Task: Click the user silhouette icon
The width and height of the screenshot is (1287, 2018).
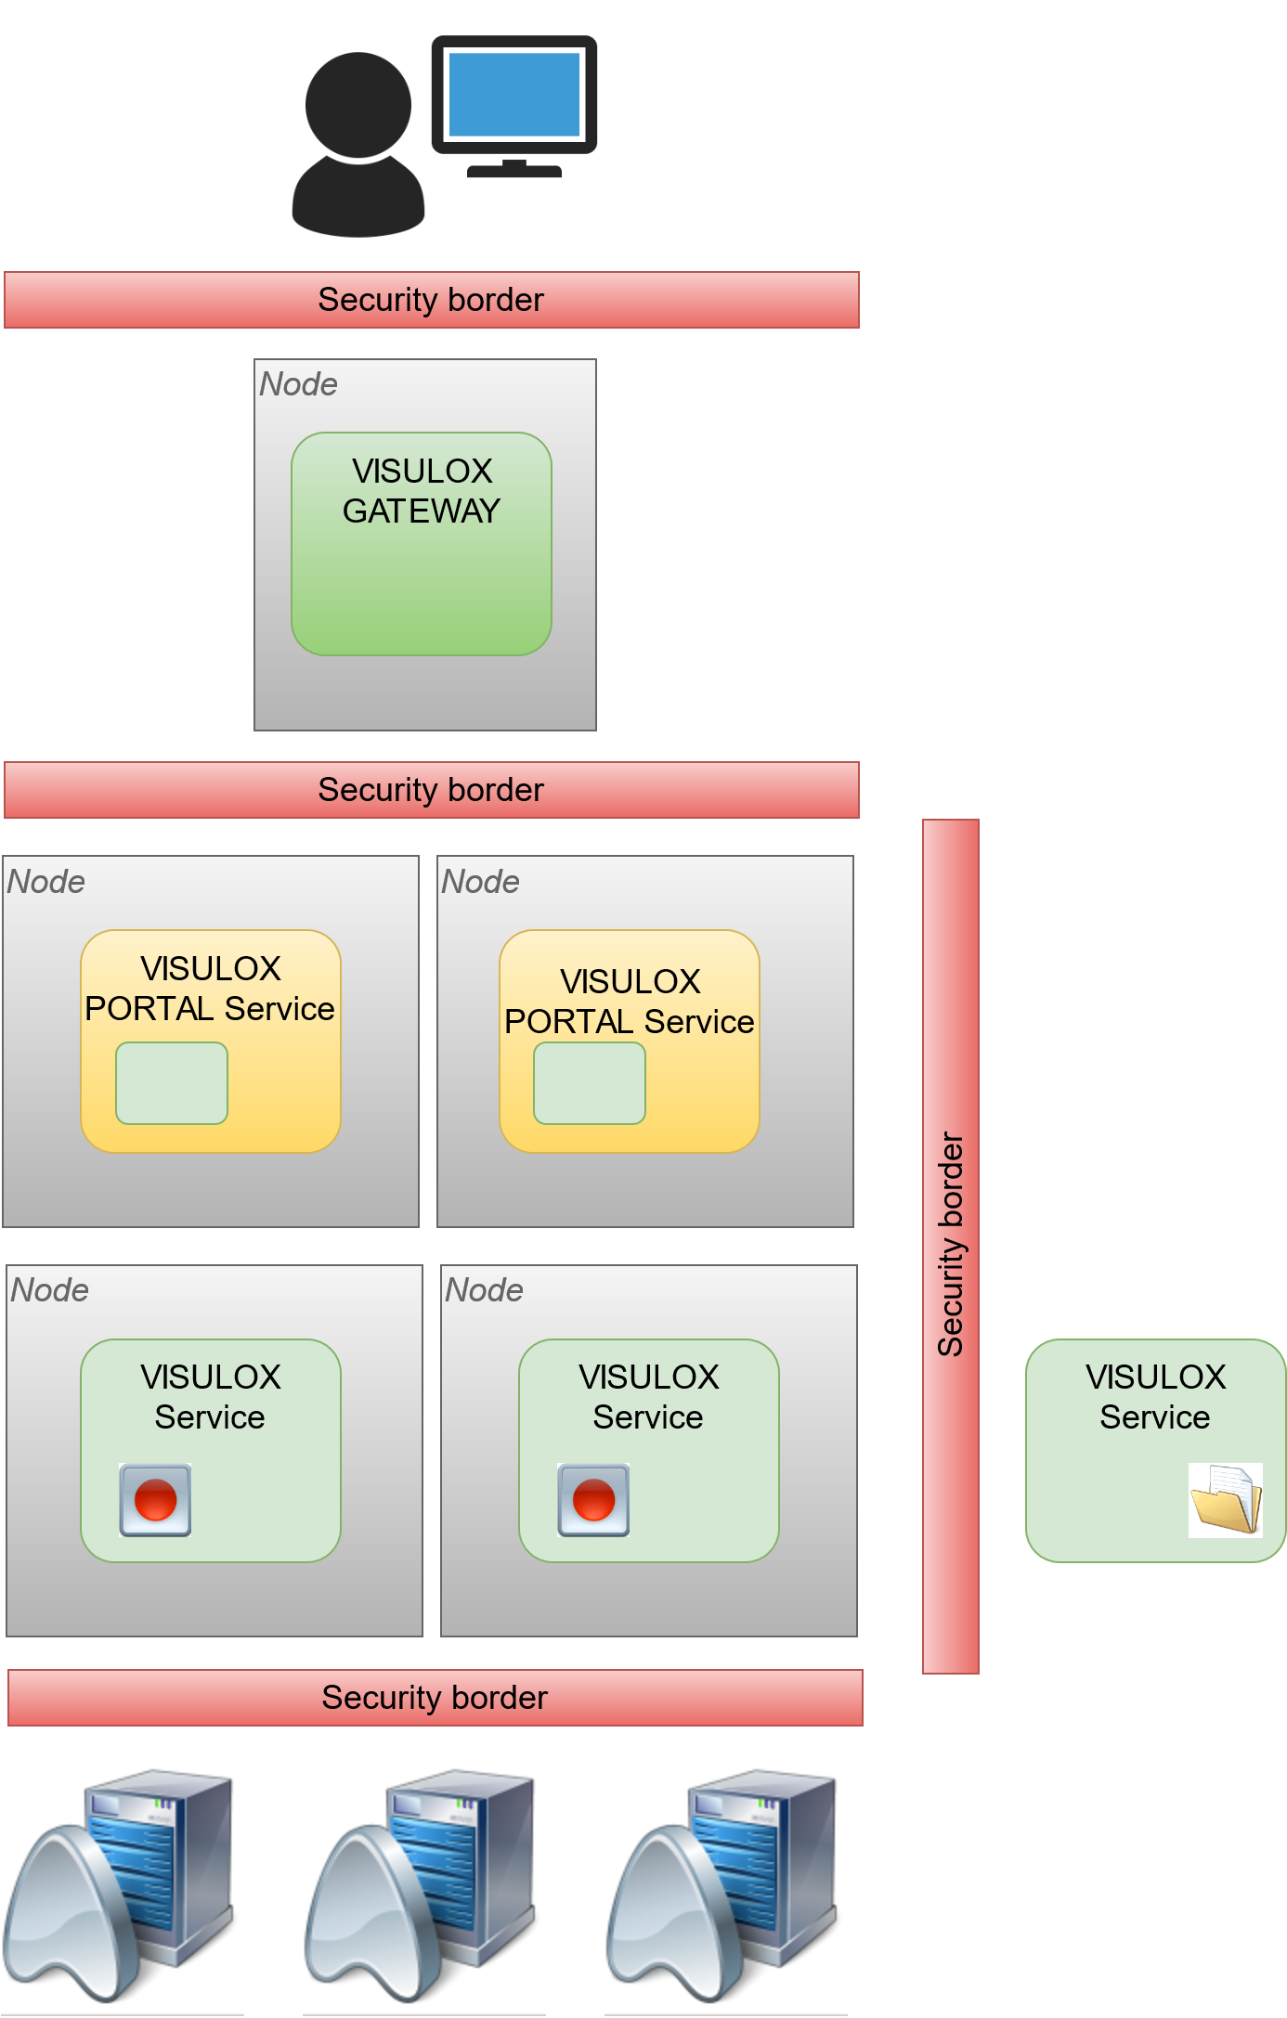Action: point(358,144)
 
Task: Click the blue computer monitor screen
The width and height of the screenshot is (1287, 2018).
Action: point(514,94)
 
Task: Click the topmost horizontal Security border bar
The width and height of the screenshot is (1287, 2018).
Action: point(431,300)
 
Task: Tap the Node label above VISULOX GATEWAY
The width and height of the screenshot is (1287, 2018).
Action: point(298,384)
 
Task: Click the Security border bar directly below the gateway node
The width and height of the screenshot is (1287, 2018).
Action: point(431,790)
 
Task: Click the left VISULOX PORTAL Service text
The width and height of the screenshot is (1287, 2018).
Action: point(210,989)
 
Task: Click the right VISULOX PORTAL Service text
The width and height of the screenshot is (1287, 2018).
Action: point(630,1002)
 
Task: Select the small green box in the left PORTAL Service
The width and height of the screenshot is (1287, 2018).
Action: point(172,1083)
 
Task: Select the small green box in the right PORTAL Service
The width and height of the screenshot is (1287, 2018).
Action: point(590,1083)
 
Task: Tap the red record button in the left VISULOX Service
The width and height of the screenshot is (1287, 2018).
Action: point(155,1500)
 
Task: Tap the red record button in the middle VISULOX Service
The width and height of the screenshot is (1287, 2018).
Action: point(593,1500)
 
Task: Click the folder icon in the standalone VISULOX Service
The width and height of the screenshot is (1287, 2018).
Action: point(1226,1500)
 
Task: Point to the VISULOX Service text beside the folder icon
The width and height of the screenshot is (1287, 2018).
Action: point(1155,1397)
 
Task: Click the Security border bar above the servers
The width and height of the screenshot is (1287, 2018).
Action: point(435,1698)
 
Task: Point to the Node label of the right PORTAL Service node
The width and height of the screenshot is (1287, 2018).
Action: point(480,882)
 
